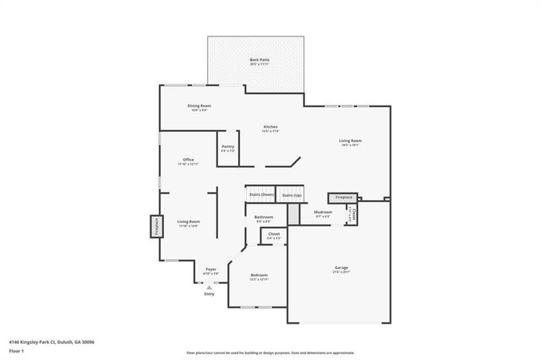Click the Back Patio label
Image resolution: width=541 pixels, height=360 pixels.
pyautogui.click(x=259, y=61)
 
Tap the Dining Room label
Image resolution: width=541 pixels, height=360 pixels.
pyautogui.click(x=199, y=106)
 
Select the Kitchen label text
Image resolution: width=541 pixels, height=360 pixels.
pyautogui.click(x=270, y=128)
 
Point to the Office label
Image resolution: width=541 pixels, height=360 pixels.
pyautogui.click(x=188, y=161)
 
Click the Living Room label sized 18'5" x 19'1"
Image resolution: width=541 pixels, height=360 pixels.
pyautogui.click(x=350, y=142)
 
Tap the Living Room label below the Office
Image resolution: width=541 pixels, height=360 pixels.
pyautogui.click(x=188, y=223)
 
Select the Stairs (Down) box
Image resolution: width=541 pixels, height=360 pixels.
pyautogui.click(x=260, y=195)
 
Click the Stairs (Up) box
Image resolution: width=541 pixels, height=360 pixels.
pyautogui.click(x=291, y=195)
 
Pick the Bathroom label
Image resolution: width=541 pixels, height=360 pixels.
pyautogui.click(x=264, y=219)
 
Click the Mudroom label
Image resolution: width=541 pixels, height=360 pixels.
pyautogui.click(x=323, y=213)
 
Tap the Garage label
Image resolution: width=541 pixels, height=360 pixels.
pyautogui.click(x=341, y=270)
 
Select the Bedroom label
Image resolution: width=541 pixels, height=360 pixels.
pyautogui.click(x=259, y=276)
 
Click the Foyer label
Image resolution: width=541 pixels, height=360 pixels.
pyautogui.click(x=211, y=270)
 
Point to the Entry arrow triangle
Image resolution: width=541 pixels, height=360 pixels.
pyautogui.click(x=209, y=287)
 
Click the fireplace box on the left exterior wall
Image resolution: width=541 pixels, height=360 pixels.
pyautogui.click(x=156, y=226)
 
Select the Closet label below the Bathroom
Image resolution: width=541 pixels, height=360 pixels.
pyautogui.click(x=274, y=236)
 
